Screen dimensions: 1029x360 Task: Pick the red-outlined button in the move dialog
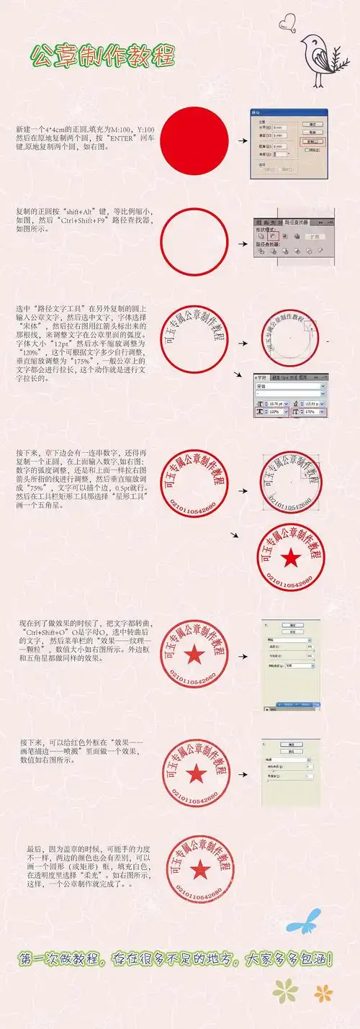point(314,142)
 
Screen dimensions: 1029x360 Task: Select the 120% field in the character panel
point(276,411)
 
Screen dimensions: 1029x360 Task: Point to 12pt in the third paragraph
point(68,343)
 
